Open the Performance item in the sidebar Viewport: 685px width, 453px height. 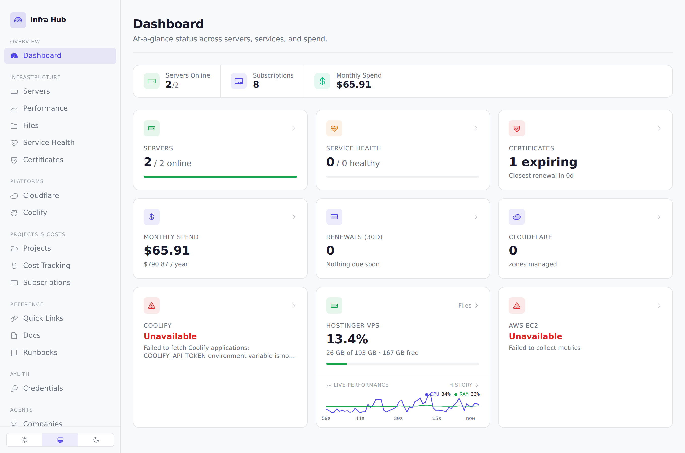(45, 108)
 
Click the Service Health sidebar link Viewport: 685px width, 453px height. (49, 142)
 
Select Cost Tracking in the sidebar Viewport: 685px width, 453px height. (47, 265)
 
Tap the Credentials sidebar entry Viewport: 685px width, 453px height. (43, 388)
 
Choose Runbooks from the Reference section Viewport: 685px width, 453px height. (40, 353)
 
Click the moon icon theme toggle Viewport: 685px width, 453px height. (96, 440)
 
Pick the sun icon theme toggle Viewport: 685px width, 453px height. (25, 440)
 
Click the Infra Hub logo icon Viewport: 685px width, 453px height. (18, 20)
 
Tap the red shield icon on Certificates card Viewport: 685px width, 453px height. (517, 128)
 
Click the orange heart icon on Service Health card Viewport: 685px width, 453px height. (334, 128)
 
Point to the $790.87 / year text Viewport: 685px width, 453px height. (166, 264)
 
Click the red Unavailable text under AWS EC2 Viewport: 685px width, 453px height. (536, 336)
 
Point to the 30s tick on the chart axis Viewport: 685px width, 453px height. (398, 418)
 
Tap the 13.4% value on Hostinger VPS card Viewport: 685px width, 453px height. (347, 339)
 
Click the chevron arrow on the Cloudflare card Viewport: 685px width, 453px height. (659, 217)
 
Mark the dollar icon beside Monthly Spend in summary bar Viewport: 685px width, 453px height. (322, 81)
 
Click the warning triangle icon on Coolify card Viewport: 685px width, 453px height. (151, 305)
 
